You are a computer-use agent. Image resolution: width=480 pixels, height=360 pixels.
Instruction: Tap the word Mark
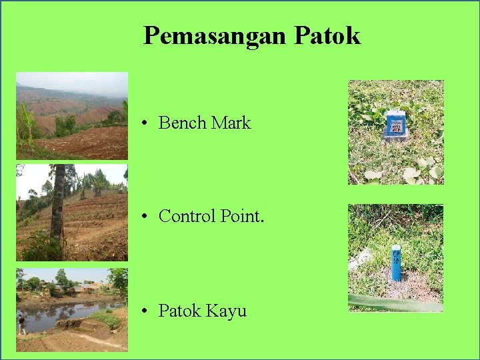[231, 123]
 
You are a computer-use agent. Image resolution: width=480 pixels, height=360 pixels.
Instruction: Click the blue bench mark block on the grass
[396, 125]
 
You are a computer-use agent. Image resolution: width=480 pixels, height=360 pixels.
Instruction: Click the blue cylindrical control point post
[396, 267]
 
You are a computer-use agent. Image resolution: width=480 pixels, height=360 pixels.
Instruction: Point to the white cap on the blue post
[396, 249]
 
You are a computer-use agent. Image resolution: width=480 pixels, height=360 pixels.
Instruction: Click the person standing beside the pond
[21, 324]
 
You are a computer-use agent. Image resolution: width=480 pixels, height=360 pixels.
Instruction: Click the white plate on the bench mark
[397, 123]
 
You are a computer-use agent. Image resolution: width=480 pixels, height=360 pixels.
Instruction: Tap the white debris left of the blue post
[362, 257]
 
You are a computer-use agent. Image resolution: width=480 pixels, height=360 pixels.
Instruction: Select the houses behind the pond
[83, 287]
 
